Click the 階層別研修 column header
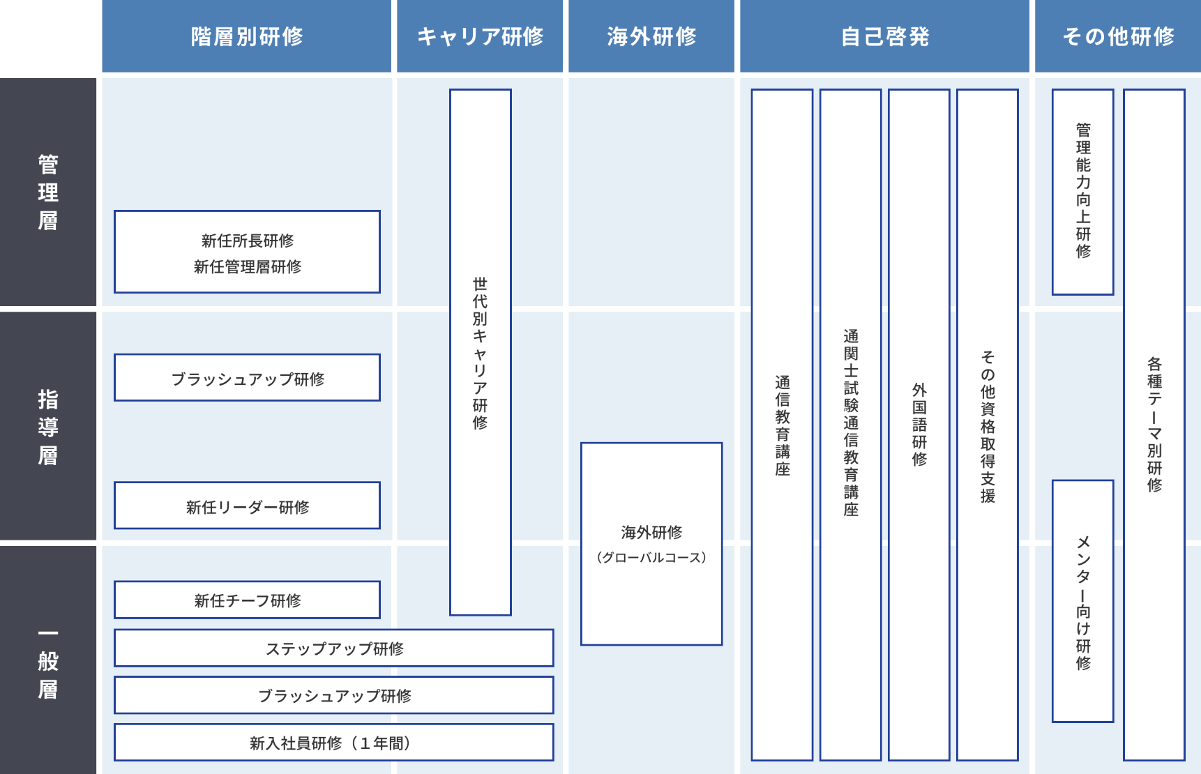247,36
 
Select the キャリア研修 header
480,36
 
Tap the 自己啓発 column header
884,36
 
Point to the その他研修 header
1118,36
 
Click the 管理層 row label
48,192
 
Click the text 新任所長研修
248,241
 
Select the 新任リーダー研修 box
248,506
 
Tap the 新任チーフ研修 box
248,600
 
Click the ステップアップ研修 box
334,648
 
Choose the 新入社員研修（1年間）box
334,743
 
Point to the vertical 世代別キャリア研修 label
480,353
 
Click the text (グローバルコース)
651,558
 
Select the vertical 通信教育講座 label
783,425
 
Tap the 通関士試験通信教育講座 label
851,423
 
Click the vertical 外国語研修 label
919,424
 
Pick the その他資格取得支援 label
988,426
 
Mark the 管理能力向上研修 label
1083,190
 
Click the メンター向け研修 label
1083,603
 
